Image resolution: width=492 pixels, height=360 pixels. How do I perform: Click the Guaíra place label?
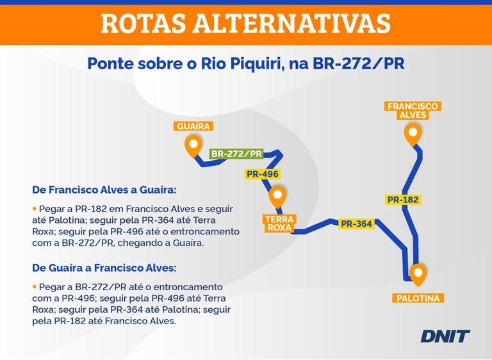(x=193, y=126)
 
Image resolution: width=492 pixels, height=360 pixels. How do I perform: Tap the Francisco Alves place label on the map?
(x=413, y=110)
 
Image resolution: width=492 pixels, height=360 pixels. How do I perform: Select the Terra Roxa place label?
(x=279, y=223)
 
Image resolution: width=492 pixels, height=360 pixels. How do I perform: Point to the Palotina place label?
(x=418, y=298)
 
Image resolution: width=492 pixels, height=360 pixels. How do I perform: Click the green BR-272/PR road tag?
(x=236, y=154)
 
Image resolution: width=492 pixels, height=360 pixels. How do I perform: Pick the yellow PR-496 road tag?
(x=263, y=174)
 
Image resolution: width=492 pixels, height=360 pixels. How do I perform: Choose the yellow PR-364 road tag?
(x=356, y=224)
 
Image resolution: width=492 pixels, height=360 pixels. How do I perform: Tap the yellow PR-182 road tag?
(x=403, y=200)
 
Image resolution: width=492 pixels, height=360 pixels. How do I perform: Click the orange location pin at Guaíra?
(x=193, y=145)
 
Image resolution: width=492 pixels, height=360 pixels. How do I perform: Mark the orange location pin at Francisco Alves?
(x=413, y=135)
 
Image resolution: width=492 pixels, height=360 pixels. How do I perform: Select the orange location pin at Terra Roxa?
(x=277, y=196)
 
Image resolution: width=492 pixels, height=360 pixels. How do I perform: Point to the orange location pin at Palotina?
(x=418, y=274)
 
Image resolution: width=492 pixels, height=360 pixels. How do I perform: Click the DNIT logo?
(x=445, y=336)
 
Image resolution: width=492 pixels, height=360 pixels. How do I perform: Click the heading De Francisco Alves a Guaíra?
(x=104, y=190)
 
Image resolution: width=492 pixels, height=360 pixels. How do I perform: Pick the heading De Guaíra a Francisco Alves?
(x=104, y=267)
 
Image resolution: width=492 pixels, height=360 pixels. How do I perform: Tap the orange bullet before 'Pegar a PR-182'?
(x=35, y=209)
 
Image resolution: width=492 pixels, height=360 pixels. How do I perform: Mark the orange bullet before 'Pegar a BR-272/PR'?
(x=35, y=286)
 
